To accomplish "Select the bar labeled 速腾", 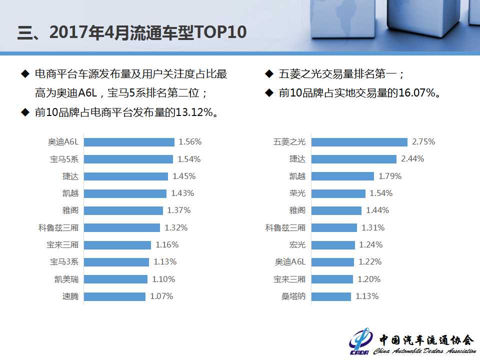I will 114,296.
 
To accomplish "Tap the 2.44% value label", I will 412,159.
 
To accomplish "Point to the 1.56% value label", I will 190,142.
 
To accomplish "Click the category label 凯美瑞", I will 66,279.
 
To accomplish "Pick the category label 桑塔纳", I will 293,296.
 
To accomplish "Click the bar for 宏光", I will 332,245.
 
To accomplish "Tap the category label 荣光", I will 297,193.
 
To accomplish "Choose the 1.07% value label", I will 161,296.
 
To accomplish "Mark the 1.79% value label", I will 390,176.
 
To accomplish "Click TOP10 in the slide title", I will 219,32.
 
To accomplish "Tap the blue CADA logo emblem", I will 361,341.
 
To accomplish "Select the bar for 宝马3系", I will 116,262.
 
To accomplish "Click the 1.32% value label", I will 176,228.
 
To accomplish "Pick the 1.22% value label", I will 370,262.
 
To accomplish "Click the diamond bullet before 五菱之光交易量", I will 268,74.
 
